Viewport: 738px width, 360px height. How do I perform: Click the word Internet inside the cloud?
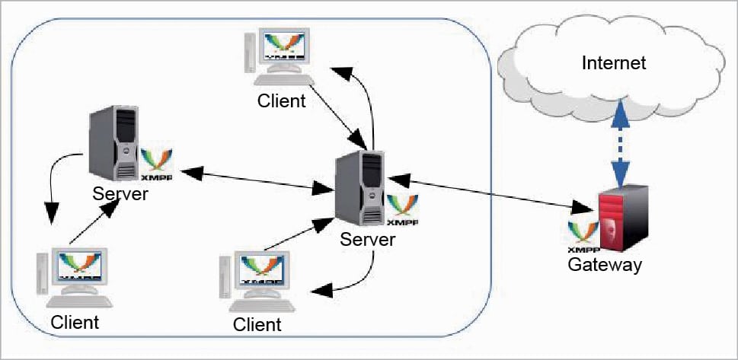[x=614, y=63]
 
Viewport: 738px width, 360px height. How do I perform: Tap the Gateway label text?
[x=605, y=266]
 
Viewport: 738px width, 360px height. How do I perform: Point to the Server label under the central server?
[x=368, y=240]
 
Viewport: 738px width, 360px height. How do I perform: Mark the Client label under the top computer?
[x=281, y=100]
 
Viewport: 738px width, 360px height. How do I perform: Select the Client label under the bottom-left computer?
[x=75, y=322]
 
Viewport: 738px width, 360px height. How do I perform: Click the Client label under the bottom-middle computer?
[x=257, y=325]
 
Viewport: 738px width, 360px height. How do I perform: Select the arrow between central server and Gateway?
[x=488, y=193]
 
